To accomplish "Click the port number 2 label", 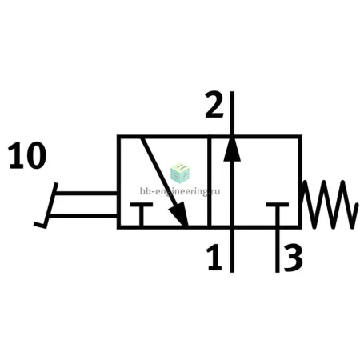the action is point(214,105).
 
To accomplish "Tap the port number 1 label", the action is point(214,258).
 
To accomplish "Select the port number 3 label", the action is point(293,258).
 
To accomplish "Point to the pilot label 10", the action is point(27,155).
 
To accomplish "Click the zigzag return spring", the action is point(330,205).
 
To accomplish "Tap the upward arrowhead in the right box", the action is point(232,150).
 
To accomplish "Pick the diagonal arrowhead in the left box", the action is point(179,214).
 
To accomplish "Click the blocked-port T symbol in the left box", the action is point(142,214).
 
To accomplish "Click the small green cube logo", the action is point(180,174).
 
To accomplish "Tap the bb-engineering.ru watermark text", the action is point(180,191).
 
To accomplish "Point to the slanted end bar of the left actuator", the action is point(51,206).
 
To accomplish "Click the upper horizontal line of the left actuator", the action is point(86,193).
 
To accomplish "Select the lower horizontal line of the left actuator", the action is point(83,216).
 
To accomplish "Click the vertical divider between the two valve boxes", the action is point(210,182).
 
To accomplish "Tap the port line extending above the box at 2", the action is point(232,114).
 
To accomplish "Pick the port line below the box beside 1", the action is point(232,250).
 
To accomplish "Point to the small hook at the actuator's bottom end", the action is point(40,226).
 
